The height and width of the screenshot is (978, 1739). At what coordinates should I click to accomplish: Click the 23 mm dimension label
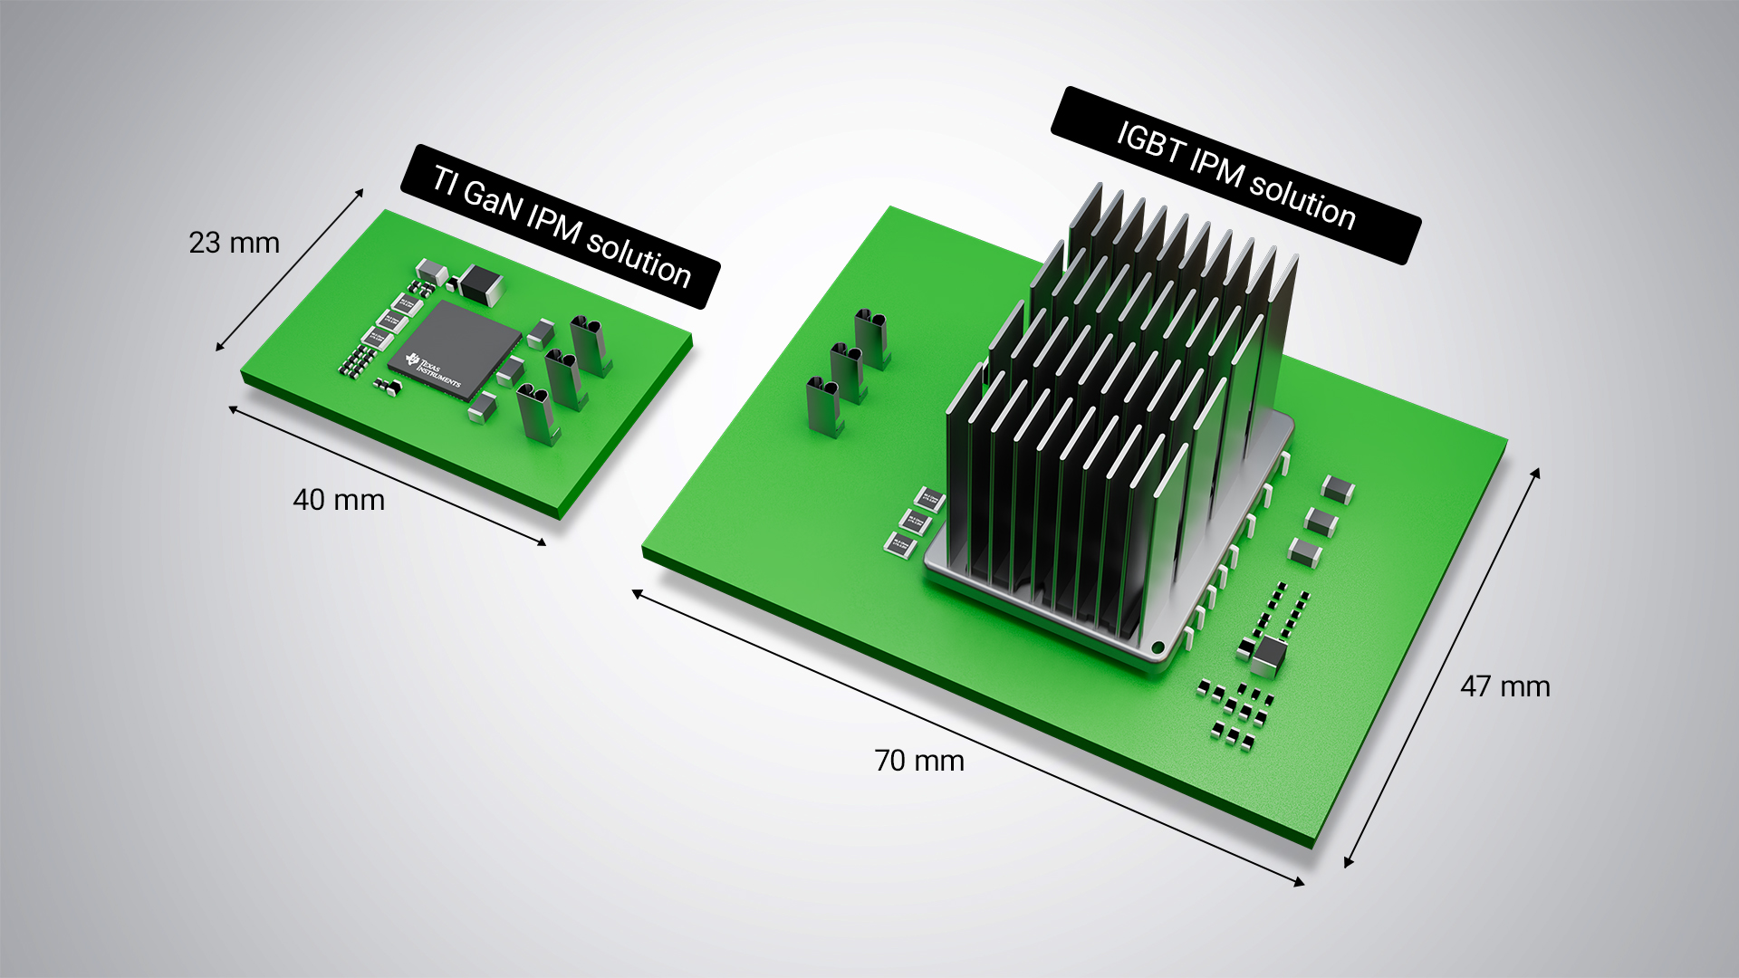tap(234, 243)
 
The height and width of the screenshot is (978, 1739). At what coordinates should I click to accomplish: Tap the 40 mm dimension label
tap(339, 500)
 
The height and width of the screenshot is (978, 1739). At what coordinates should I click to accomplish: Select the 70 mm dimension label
tap(918, 761)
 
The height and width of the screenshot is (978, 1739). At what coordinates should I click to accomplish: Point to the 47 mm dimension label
tap(1504, 686)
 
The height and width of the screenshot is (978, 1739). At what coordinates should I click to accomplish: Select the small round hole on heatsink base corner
tap(1157, 647)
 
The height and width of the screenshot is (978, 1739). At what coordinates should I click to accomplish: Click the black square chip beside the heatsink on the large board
tap(1270, 656)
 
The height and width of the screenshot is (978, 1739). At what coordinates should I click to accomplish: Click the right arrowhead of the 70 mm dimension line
tap(1301, 882)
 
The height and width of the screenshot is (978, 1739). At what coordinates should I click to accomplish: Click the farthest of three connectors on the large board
tap(871, 339)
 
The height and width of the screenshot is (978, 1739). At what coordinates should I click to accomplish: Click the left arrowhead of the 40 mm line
tap(233, 409)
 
